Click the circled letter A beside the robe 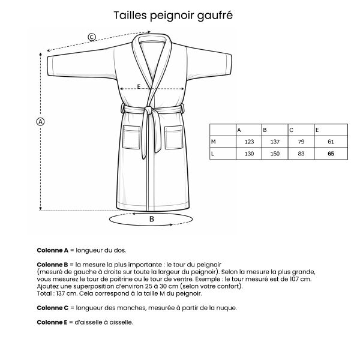pyautogui.click(x=41, y=121)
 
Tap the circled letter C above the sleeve pyautogui.click(x=91, y=37)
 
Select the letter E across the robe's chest pyautogui.click(x=139, y=86)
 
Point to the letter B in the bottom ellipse pyautogui.click(x=152, y=219)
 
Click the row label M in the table pyautogui.click(x=214, y=142)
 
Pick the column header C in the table pyautogui.click(x=292, y=130)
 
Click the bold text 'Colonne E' pyautogui.click(x=53, y=322)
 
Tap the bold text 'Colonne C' pyautogui.click(x=53, y=308)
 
